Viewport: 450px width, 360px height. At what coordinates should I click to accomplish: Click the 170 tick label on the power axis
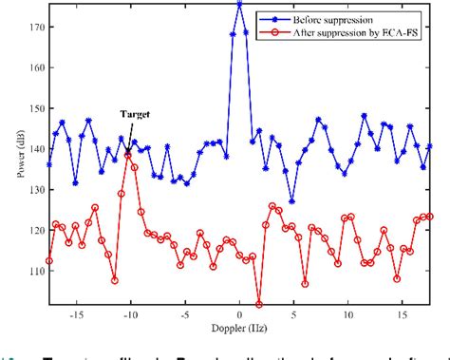pyautogui.click(x=34, y=28)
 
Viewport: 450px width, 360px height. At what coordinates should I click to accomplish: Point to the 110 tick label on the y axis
pyautogui.click(x=34, y=271)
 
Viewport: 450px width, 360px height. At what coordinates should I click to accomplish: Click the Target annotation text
pyautogui.click(x=133, y=112)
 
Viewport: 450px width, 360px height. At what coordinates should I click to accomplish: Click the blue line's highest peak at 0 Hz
pyautogui.click(x=239, y=4)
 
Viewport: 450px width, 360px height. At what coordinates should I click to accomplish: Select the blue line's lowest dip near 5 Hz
pyautogui.click(x=291, y=201)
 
